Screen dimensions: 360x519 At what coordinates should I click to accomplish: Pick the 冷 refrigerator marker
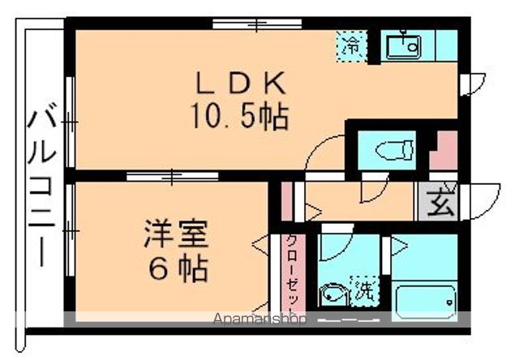(351, 45)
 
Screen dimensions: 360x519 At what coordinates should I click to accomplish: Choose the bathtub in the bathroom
(424, 302)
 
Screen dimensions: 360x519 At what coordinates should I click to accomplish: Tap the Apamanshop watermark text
(259, 319)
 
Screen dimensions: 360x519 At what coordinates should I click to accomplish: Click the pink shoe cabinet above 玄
(443, 152)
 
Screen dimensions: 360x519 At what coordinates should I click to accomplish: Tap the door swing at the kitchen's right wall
(474, 83)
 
